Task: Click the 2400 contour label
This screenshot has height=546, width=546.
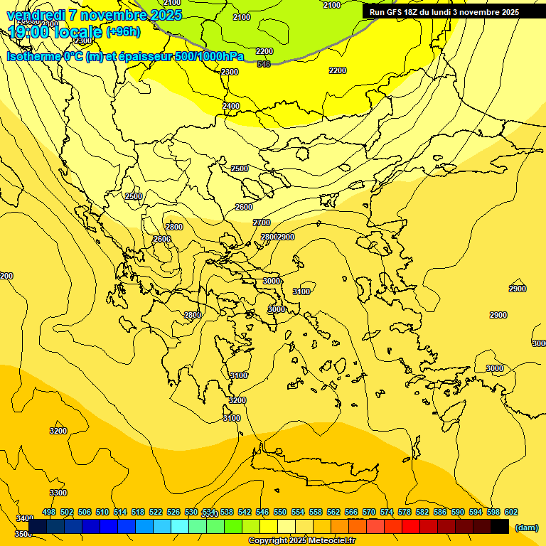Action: [231, 106]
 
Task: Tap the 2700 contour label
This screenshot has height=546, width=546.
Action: [262, 223]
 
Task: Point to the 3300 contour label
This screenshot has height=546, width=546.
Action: [58, 493]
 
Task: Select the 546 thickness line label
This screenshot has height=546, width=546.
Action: [264, 64]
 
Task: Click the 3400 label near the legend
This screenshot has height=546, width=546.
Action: [24, 518]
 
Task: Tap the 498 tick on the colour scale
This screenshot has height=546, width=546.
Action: [49, 512]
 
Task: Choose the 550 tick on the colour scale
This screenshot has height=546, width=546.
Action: [280, 512]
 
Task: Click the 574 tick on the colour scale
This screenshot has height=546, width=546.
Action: [387, 512]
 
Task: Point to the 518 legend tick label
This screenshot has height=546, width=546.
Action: [138, 512]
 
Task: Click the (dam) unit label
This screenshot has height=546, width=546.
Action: [526, 527]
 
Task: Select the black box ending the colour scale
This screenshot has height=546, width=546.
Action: [500, 526]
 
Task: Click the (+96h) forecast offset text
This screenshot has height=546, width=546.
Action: [123, 32]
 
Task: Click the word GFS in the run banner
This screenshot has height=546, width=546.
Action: [395, 12]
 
